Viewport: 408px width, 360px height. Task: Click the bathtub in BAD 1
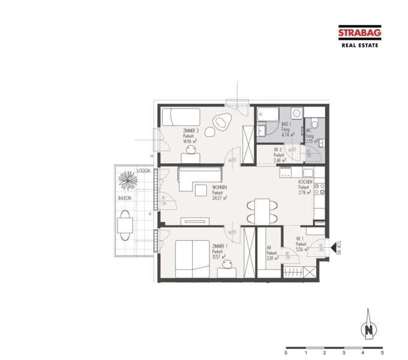(266, 113)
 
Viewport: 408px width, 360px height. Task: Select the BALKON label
(124, 197)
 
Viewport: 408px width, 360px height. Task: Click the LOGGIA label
(143, 171)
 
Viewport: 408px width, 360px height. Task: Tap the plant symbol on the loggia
(127, 180)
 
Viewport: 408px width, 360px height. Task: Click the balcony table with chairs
(125, 224)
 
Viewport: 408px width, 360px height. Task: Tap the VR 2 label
(278, 149)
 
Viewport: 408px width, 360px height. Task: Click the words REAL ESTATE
(359, 45)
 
